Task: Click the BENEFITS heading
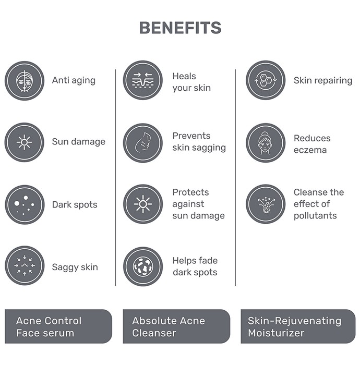[x=180, y=28]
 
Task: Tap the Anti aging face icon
[x=25, y=81]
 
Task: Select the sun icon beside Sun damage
[x=25, y=142]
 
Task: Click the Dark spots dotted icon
[x=25, y=204]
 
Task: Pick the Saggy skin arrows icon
[x=25, y=265]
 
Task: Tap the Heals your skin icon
[x=143, y=80]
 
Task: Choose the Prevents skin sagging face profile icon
[x=143, y=143]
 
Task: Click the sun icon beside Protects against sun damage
[x=143, y=204]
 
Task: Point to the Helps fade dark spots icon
[x=143, y=266]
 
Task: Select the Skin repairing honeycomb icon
[x=266, y=80]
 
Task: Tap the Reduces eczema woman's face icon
[x=266, y=143]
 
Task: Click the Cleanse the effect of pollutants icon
[x=266, y=204]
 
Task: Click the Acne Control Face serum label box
[x=58, y=326]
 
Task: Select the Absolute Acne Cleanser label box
[x=176, y=326]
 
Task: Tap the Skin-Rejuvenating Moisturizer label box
[x=298, y=326]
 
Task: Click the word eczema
[x=310, y=150]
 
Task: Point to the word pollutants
[x=315, y=215]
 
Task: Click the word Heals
[x=184, y=76]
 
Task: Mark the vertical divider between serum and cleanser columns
[x=115, y=177]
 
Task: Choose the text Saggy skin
[x=75, y=267]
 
